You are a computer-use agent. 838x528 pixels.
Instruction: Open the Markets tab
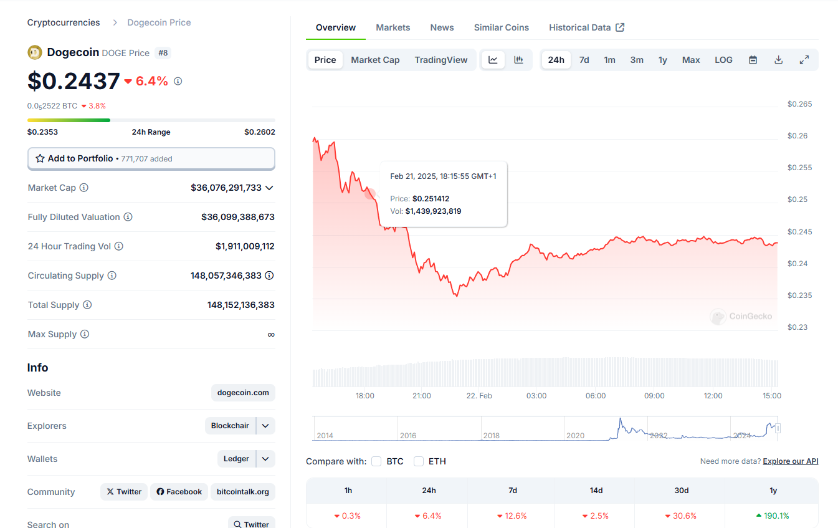[x=393, y=27]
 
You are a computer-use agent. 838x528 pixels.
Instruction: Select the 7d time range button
[x=584, y=60]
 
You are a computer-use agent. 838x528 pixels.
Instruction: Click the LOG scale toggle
[x=723, y=60]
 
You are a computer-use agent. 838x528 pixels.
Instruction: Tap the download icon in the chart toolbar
[x=779, y=60]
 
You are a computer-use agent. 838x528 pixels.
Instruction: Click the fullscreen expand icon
[x=804, y=60]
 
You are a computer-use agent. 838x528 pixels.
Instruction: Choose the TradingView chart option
[x=440, y=60]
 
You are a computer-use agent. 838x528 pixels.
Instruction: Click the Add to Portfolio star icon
[x=40, y=158]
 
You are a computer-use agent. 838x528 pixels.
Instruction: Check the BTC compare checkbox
[x=376, y=461]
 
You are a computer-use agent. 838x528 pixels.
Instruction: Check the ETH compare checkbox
[x=419, y=461]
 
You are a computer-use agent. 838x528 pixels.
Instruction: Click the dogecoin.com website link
[x=243, y=393]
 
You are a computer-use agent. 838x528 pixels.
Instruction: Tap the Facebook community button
[x=179, y=492]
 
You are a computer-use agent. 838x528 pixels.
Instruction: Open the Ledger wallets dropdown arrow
[x=265, y=459]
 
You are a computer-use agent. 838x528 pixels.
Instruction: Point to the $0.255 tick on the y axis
[x=799, y=167]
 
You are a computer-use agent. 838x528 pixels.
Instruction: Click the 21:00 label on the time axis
[x=422, y=395]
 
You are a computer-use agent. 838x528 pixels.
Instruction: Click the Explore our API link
[x=791, y=461]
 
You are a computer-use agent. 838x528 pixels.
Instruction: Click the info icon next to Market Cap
[x=83, y=188]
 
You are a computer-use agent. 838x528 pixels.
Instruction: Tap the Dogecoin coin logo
[x=35, y=52]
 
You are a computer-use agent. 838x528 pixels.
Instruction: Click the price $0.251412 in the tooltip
[x=431, y=199]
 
